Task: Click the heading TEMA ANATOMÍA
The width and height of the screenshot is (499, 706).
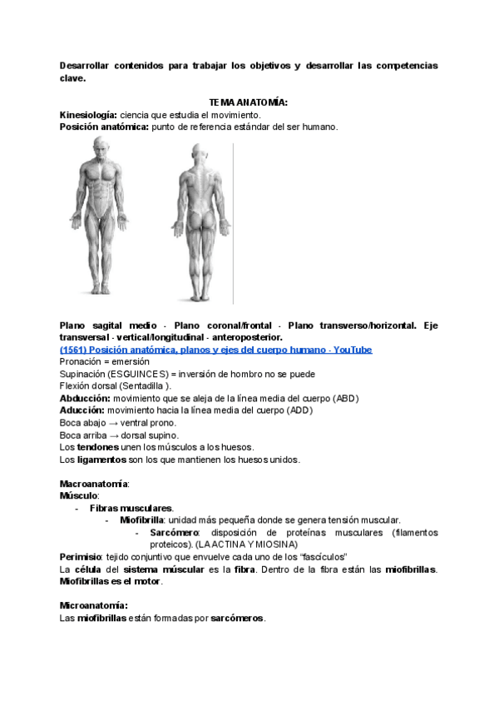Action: coord(249,102)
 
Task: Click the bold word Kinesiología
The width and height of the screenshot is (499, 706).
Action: coord(88,114)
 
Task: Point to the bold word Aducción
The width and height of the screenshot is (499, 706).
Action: coord(82,410)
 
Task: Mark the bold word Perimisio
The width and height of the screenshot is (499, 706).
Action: coord(80,556)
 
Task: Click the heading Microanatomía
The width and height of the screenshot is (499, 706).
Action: coord(93,605)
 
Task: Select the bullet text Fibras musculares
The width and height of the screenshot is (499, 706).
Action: coord(131,508)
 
